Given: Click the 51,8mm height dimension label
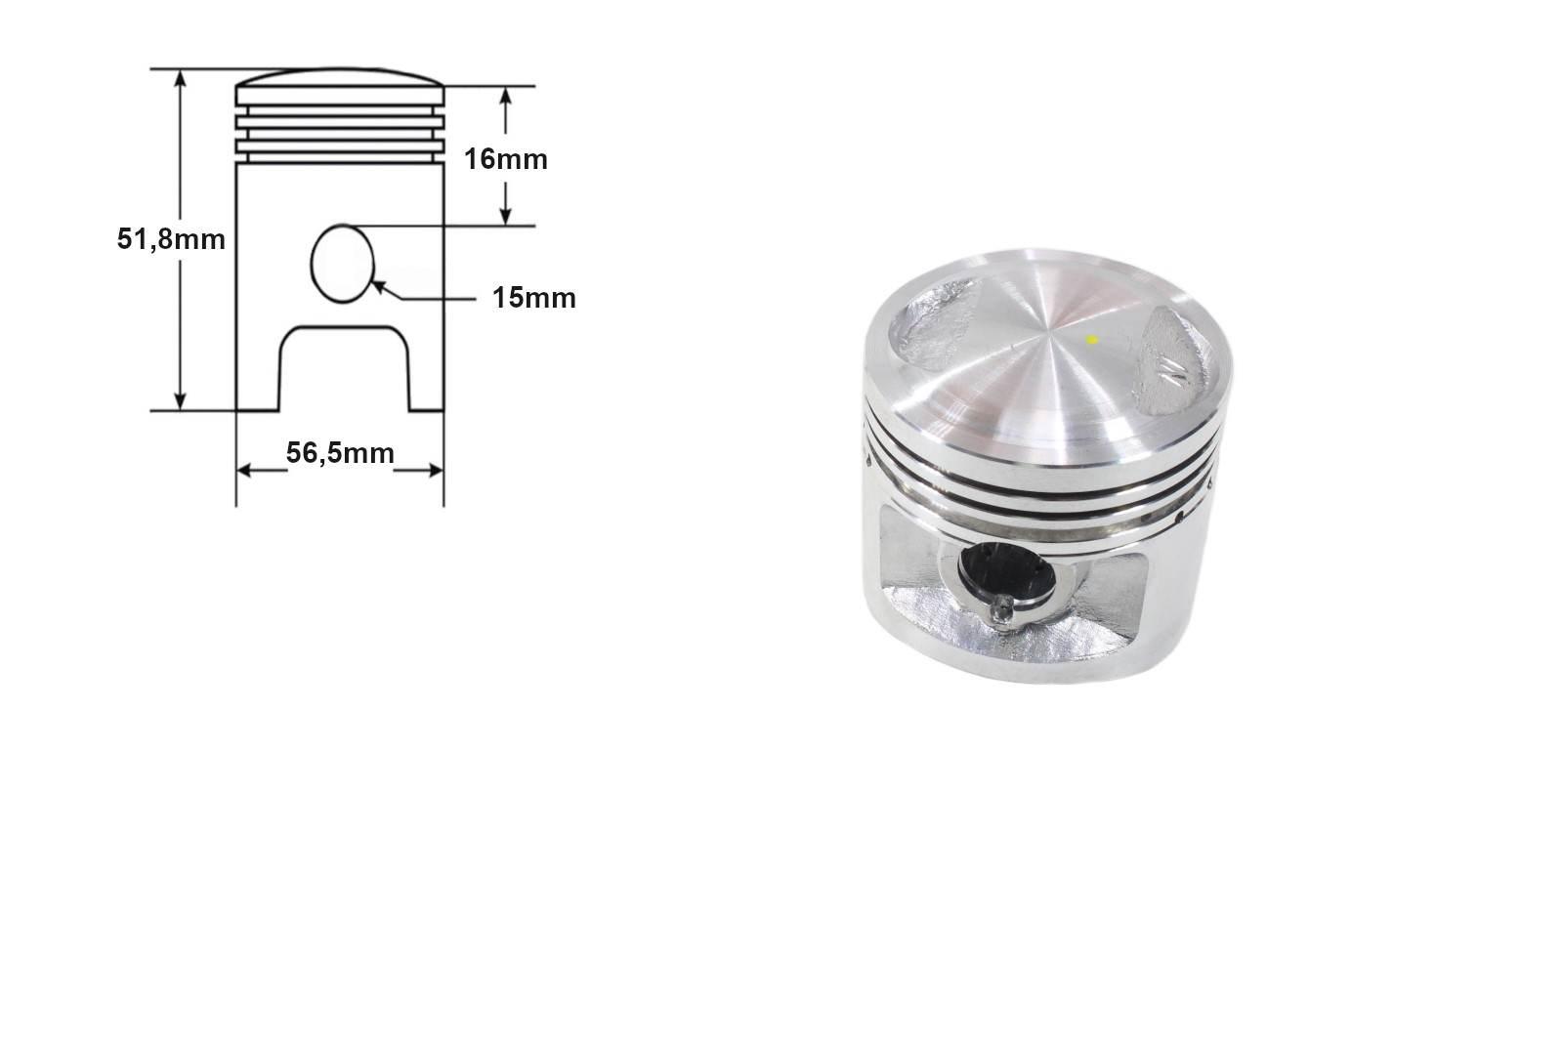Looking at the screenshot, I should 171,238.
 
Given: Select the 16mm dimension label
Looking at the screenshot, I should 505,158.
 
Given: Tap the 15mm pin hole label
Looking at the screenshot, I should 533,298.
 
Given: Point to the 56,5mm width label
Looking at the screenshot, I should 340,453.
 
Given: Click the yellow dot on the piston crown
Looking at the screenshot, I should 1092,340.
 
